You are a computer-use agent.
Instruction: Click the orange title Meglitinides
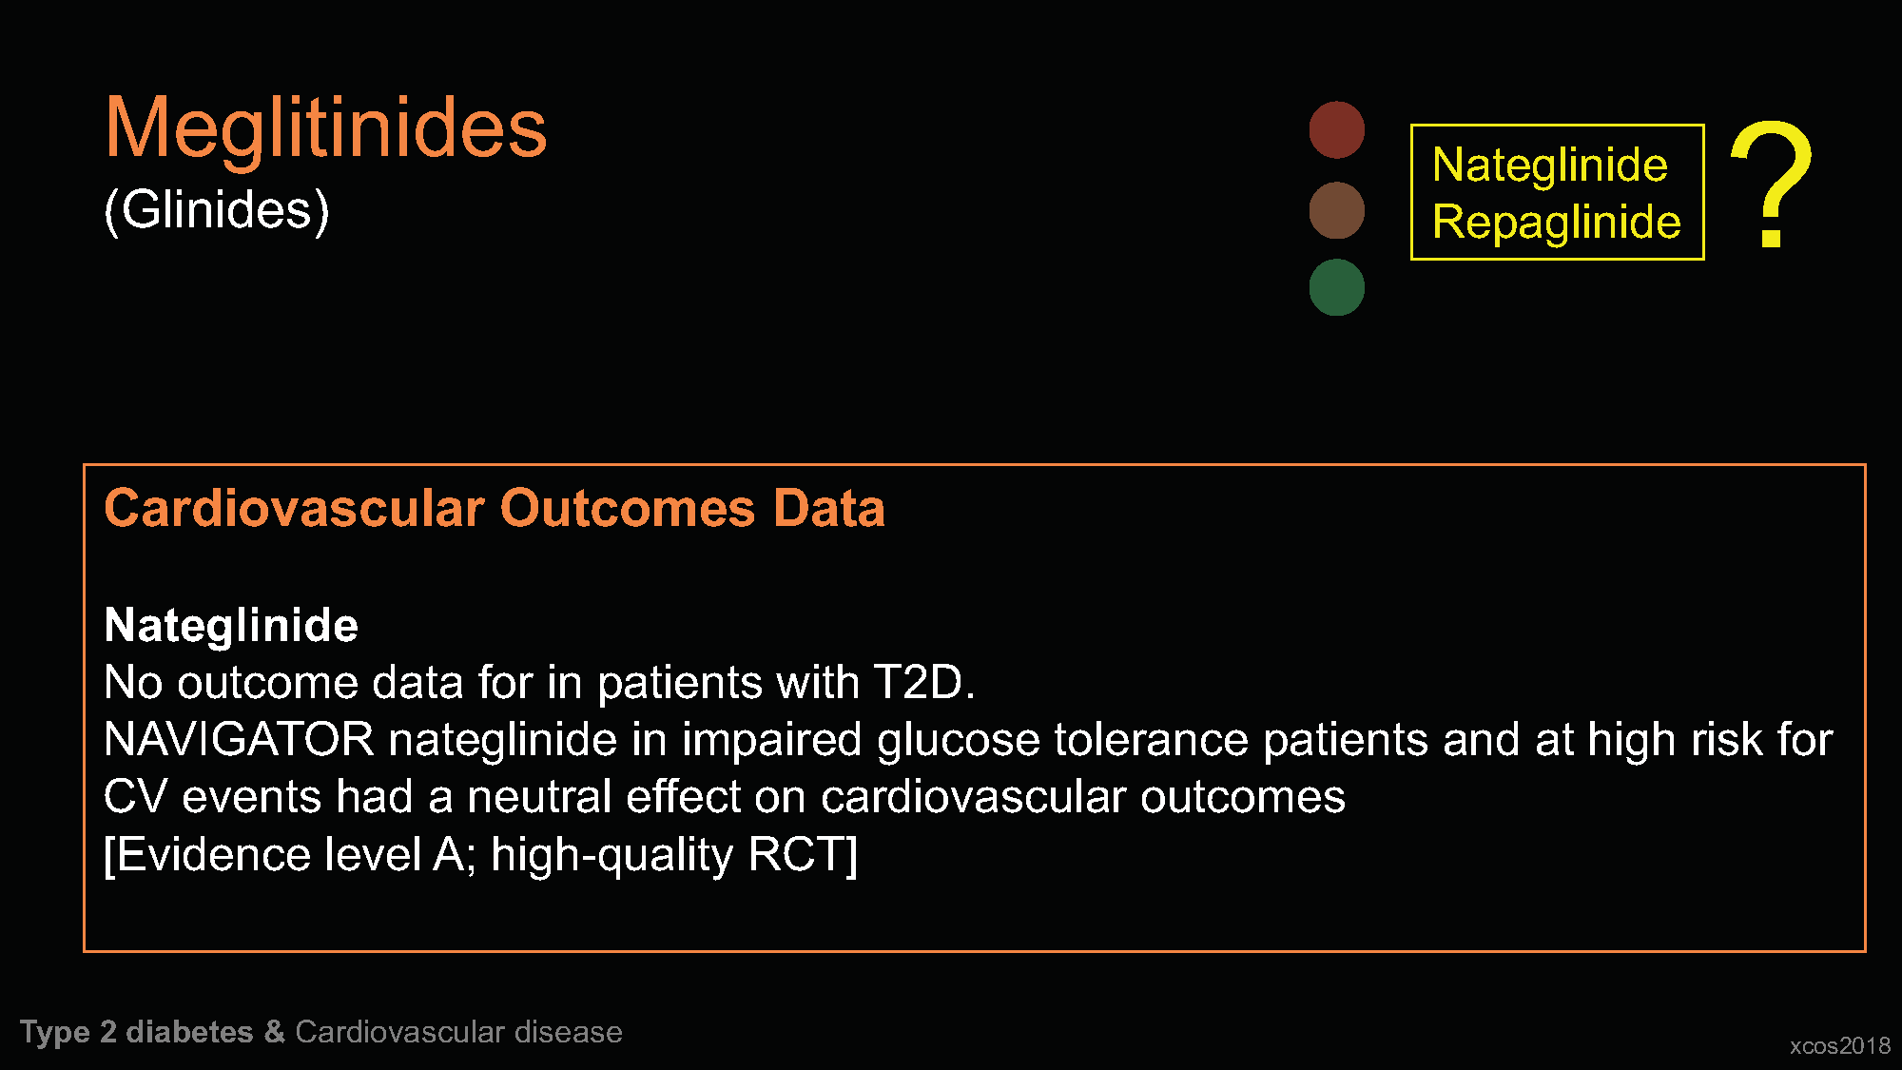325,128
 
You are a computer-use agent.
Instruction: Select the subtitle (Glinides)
216,210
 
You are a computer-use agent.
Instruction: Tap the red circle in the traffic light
1336,129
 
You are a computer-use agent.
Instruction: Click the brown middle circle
1336,210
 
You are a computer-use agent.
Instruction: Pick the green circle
1336,287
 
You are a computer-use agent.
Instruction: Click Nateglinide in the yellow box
1549,165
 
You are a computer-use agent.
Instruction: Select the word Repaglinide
1556,223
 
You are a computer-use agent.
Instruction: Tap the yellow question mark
1771,184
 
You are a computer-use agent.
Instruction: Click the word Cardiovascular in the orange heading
294,508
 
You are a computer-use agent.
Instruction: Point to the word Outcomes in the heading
628,508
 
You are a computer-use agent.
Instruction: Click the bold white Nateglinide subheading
231,626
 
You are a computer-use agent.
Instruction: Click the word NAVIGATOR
239,740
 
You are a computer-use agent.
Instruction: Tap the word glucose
959,741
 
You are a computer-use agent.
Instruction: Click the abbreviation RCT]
803,855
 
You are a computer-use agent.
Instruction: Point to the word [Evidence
206,855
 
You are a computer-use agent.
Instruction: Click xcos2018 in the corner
1839,1046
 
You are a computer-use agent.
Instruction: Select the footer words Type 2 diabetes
137,1033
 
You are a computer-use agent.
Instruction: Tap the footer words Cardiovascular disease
458,1032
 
